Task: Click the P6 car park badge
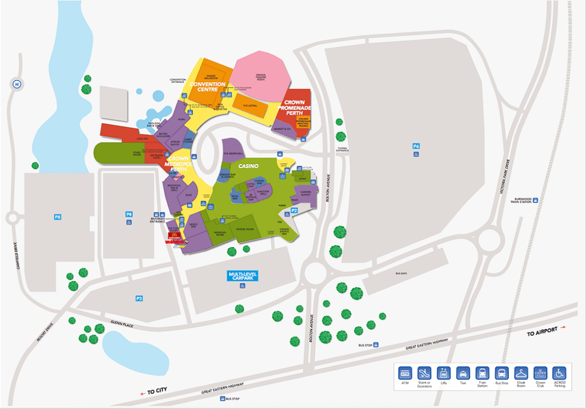[416, 146]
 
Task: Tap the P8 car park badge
[58, 217]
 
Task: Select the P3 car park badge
[139, 298]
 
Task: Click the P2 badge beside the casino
[294, 211]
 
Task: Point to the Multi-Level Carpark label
[243, 276]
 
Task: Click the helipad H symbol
[17, 85]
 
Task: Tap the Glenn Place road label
[122, 325]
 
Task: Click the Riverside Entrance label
[157, 219]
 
